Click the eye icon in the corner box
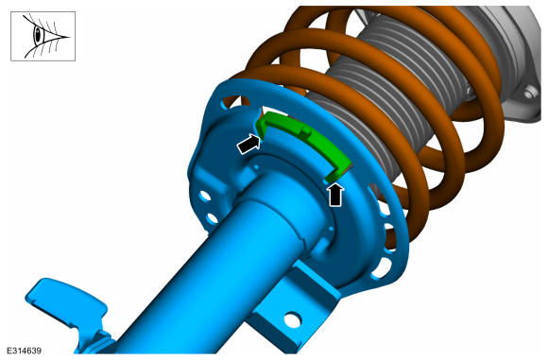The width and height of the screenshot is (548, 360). [43, 36]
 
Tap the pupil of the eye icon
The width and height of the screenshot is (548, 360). [38, 34]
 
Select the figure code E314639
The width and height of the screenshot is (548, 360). [25, 351]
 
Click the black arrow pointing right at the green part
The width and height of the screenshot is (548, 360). [249, 144]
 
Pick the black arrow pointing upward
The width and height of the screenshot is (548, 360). [335, 195]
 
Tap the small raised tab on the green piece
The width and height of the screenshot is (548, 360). [305, 131]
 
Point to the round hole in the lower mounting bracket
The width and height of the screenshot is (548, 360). [292, 319]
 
